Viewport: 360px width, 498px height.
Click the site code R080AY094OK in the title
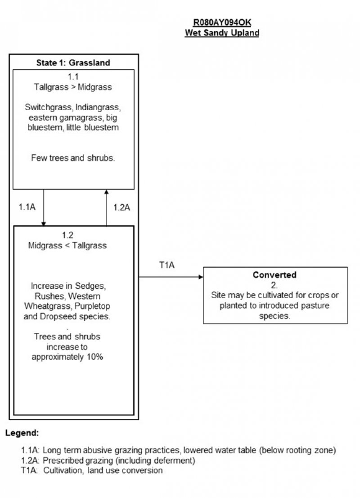[222, 23]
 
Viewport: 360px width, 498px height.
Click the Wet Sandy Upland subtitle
[222, 33]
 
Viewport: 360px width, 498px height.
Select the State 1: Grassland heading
[73, 63]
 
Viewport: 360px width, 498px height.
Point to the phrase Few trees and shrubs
[73, 158]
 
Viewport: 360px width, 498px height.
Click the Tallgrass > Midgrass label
[73, 87]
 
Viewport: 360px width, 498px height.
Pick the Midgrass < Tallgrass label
[67, 246]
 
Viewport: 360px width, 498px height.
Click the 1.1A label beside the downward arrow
[27, 207]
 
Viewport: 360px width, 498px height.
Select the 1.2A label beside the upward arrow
[121, 207]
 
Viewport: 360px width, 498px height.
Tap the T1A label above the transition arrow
[167, 265]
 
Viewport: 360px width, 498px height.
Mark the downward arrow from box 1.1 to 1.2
[44, 207]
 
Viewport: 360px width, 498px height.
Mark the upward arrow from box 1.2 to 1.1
[106, 207]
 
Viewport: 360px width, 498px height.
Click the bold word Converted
[274, 275]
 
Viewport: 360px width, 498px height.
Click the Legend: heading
[22, 433]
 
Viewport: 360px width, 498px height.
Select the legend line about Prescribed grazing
[108, 461]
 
